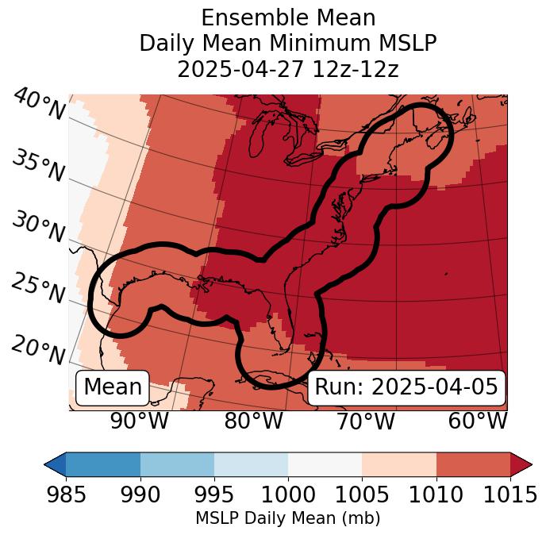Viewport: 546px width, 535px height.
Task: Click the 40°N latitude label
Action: click(x=38, y=106)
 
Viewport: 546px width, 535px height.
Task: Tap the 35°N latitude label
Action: click(x=38, y=167)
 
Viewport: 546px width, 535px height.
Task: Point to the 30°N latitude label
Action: click(x=38, y=229)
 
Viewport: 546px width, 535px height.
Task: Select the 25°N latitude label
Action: click(x=38, y=289)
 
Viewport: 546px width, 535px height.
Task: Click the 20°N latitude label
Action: click(x=38, y=350)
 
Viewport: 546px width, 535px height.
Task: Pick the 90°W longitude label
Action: click(x=140, y=421)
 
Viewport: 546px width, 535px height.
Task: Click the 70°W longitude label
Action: click(x=366, y=421)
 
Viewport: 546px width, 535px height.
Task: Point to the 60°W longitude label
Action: click(x=478, y=421)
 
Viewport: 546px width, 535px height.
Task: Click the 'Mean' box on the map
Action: click(x=113, y=387)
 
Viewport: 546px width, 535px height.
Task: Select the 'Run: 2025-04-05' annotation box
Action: click(x=406, y=387)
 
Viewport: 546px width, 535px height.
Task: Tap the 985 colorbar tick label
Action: click(x=66, y=495)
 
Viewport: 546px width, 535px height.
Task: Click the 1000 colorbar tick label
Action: click(x=288, y=495)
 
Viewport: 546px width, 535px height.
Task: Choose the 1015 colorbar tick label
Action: click(x=509, y=495)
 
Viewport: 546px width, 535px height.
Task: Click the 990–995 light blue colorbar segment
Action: click(x=177, y=464)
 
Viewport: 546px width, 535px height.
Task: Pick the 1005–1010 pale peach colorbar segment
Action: click(x=398, y=464)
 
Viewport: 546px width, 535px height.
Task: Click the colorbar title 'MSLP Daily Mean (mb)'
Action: click(x=287, y=518)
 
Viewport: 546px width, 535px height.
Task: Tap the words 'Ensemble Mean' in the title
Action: click(x=287, y=18)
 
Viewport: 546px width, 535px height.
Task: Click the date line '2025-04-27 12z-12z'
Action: click(x=287, y=69)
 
